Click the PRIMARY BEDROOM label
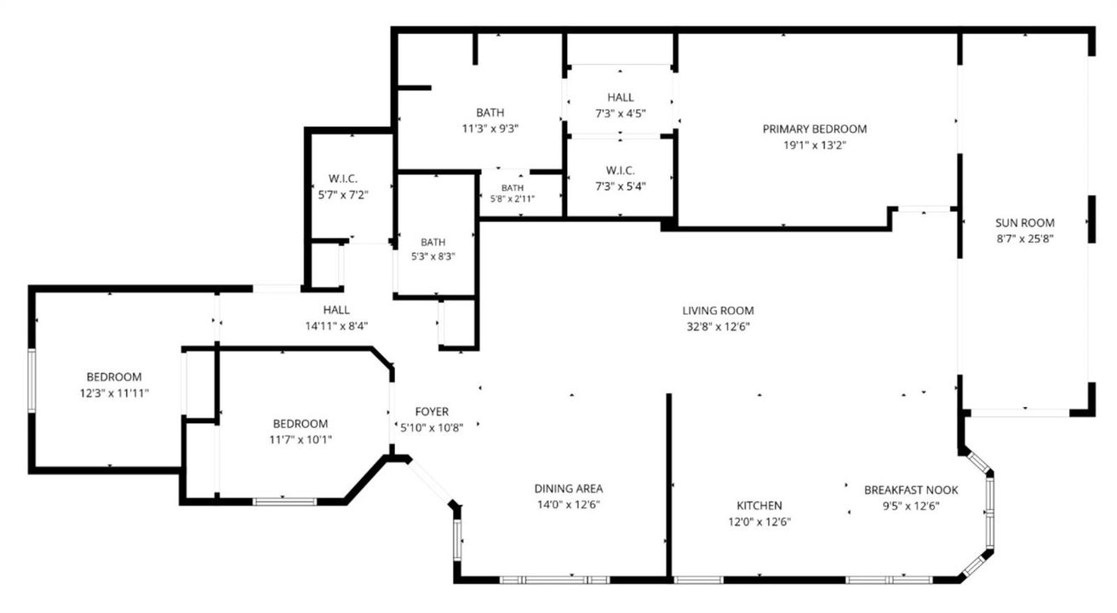point(814,129)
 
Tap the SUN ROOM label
point(1025,223)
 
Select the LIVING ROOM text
point(718,311)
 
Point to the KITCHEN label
point(759,506)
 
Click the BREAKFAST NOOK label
point(911,490)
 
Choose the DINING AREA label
point(569,489)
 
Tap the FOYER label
point(432,412)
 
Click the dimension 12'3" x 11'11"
point(114,393)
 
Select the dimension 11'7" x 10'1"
point(301,440)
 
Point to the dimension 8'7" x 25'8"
point(1025,239)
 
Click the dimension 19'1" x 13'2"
point(814,145)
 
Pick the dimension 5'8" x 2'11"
point(513,198)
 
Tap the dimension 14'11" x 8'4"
point(336,326)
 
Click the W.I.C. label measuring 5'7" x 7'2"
point(343,179)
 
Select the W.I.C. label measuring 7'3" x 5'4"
point(621,170)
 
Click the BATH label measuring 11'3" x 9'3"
point(490,112)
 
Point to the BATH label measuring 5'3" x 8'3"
point(432,243)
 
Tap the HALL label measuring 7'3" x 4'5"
point(621,97)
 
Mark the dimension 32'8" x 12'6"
point(718,327)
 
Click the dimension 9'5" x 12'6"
point(911,507)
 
